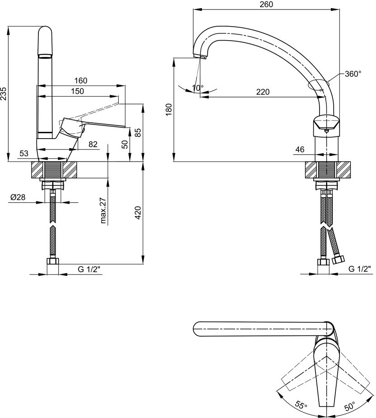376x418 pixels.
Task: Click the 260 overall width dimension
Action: [266, 5]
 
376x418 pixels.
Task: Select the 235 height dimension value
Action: [4, 93]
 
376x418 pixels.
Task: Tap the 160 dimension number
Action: [81, 80]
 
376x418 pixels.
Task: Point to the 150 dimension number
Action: [77, 91]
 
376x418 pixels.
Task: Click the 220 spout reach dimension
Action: [263, 92]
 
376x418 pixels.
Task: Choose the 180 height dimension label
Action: [169, 110]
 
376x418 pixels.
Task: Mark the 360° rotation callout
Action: [353, 74]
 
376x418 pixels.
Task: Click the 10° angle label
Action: [198, 88]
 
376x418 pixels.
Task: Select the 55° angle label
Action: [301, 405]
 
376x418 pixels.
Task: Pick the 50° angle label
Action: [349, 406]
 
